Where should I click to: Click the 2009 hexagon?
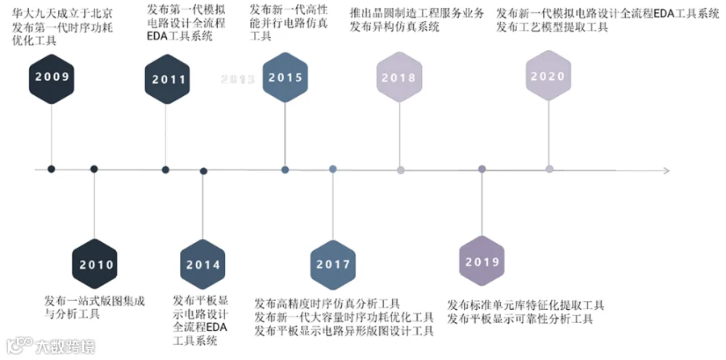point(52,77)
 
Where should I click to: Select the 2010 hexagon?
point(94,264)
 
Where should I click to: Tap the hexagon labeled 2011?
point(166,78)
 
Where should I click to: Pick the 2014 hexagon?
point(203,264)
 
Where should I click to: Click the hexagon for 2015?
point(286,77)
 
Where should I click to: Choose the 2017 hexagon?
point(333,264)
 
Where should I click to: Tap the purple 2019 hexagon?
point(482,262)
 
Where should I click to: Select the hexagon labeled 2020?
point(549,76)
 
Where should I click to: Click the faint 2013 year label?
point(238,79)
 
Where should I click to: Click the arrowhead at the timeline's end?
point(665,170)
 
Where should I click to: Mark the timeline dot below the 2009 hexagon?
point(52,170)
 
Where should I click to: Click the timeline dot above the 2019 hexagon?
point(482,170)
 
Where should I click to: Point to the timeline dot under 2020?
point(549,170)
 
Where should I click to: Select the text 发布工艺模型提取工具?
point(553,27)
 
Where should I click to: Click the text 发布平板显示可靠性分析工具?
point(520,319)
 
